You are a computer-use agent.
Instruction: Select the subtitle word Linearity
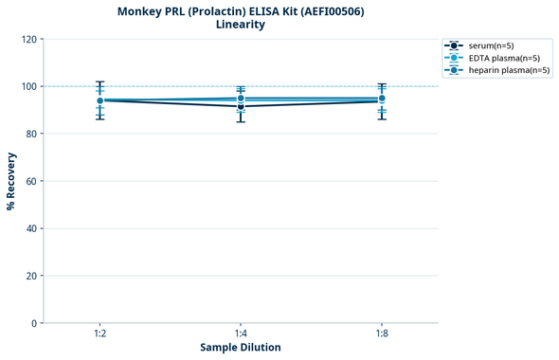(241, 25)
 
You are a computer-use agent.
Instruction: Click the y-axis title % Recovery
(11, 180)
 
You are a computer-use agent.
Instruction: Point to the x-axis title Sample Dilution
(240, 348)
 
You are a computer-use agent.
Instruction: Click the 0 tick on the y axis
(34, 323)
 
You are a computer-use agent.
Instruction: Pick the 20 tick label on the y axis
(31, 276)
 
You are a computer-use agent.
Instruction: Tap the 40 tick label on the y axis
(31, 228)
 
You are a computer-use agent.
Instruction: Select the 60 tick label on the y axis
(31, 181)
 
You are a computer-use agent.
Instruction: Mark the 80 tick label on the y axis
(31, 134)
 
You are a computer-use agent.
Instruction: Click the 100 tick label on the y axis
(28, 86)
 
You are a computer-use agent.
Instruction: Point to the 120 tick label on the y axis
(28, 39)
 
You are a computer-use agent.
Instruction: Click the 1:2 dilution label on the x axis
(99, 333)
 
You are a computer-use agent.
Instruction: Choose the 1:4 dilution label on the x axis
(241, 333)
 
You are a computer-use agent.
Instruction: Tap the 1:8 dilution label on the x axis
(381, 333)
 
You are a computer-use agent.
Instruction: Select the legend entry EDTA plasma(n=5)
(504, 58)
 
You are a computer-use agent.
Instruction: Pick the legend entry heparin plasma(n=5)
(509, 70)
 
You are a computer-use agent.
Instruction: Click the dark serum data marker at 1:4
(241, 106)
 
